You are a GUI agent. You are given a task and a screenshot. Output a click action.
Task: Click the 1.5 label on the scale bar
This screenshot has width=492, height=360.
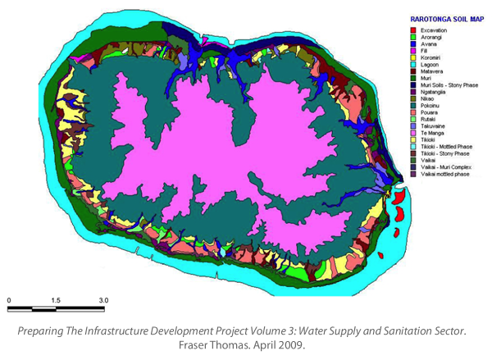[56, 301]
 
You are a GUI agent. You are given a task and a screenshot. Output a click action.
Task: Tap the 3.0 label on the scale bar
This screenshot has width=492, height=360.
[104, 301]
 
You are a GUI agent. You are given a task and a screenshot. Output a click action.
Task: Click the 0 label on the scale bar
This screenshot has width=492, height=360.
[9, 301]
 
